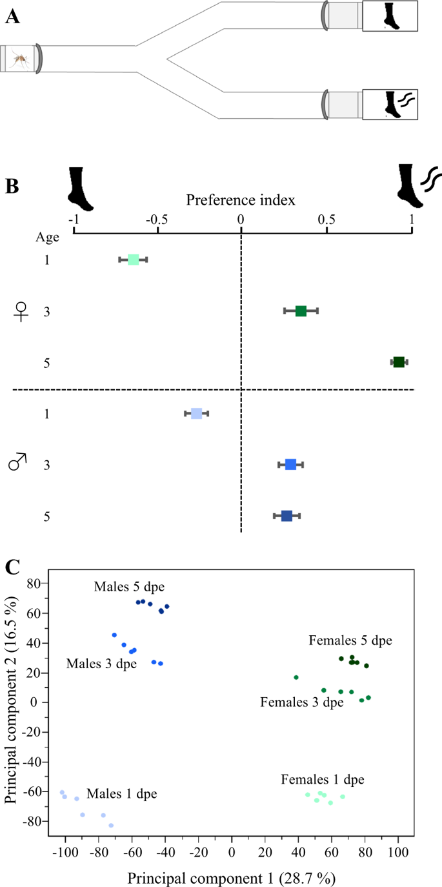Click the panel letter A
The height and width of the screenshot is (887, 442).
(12, 17)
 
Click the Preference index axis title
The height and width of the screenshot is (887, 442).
(241, 199)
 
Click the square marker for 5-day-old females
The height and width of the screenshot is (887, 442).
(399, 362)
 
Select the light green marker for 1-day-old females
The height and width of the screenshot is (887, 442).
(133, 260)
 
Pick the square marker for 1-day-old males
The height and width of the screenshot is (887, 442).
(197, 413)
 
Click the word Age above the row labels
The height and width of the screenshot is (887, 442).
(47, 237)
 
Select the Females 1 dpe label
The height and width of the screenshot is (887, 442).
(323, 780)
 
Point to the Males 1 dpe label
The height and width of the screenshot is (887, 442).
(121, 793)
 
